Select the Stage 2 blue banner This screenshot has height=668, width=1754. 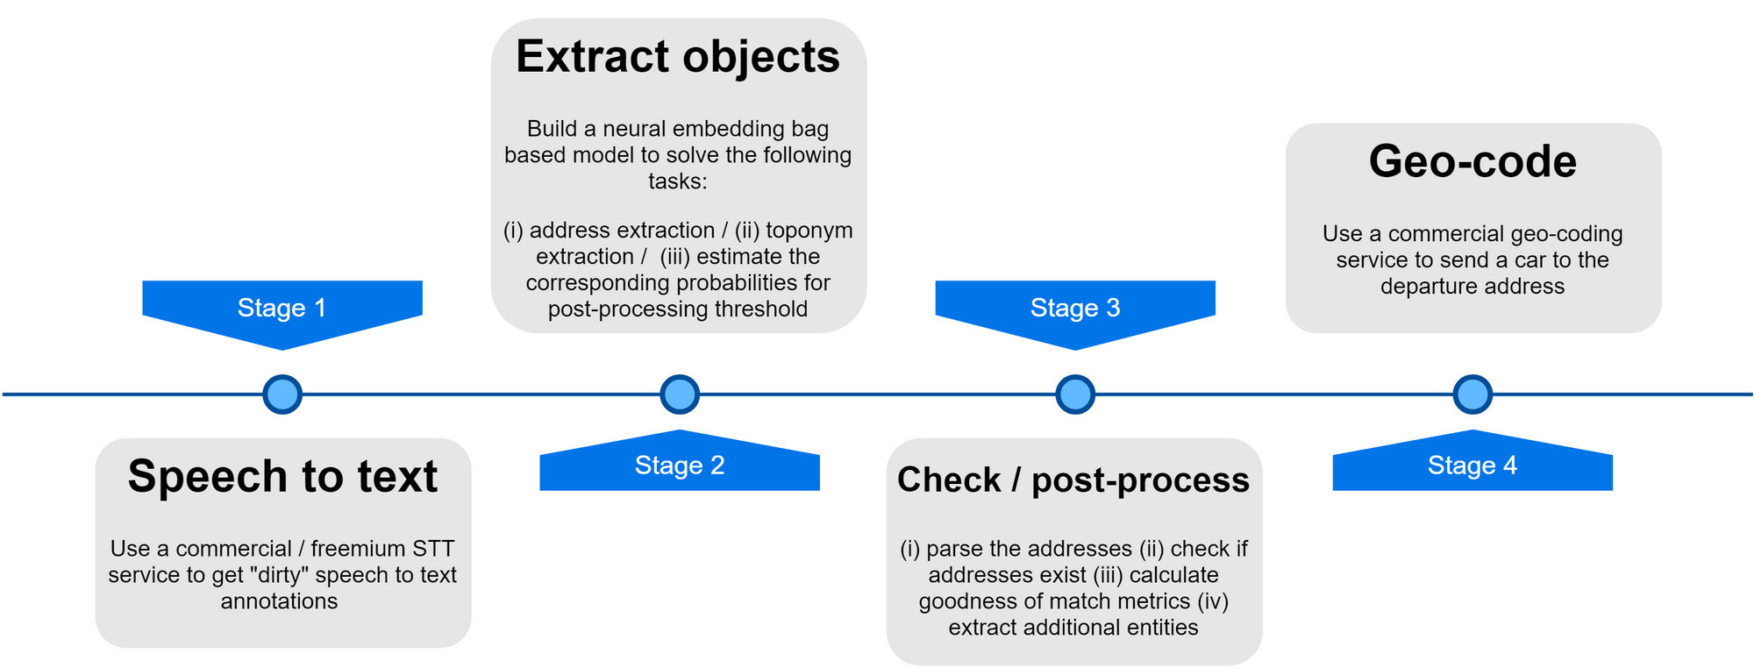point(680,463)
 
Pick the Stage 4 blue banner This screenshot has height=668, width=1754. point(1472,463)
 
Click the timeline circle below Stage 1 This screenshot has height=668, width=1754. point(282,394)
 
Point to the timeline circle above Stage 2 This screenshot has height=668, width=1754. point(680,394)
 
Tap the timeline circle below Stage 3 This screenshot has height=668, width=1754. point(1075,394)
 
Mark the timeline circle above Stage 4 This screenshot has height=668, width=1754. point(1472,394)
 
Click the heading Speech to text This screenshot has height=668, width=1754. point(282,478)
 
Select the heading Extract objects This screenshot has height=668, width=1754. point(678,58)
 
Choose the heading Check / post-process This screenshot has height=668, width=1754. point(1073,480)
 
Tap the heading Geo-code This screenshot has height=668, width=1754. point(1472,162)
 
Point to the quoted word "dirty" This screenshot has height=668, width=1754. point(278,575)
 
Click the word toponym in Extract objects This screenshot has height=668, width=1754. point(809,231)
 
